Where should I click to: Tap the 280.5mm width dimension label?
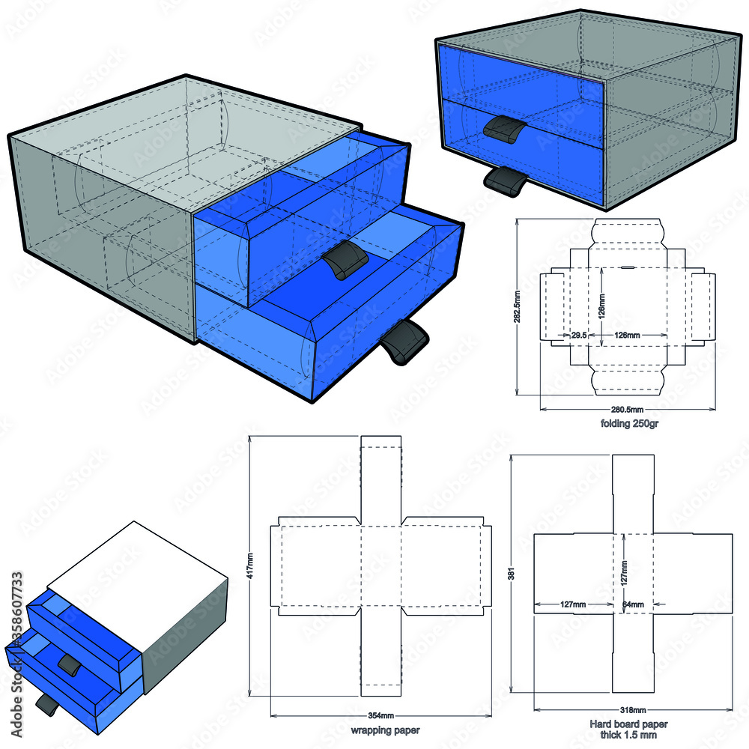pos(626,410)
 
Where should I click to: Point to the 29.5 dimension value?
pos(578,335)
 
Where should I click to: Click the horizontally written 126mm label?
pos(626,335)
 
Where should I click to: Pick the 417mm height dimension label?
pos(249,567)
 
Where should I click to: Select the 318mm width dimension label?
pos(634,709)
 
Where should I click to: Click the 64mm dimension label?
pos(633,604)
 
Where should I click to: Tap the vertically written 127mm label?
pos(624,575)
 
